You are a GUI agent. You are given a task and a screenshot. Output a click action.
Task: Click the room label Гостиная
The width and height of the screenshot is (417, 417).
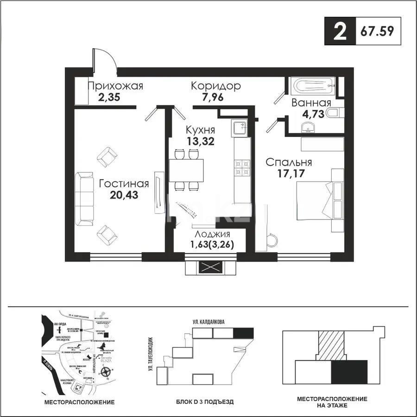(x=124, y=183)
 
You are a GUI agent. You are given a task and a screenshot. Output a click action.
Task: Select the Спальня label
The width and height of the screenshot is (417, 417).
(x=288, y=163)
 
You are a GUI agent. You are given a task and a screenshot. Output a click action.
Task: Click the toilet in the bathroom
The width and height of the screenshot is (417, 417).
(x=334, y=113)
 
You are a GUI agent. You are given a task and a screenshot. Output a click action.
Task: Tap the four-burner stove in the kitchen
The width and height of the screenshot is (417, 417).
(x=241, y=167)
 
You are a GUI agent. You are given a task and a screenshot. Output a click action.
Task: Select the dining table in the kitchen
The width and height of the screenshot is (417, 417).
(x=186, y=170)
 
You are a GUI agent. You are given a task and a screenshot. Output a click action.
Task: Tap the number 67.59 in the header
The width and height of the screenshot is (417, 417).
(x=375, y=33)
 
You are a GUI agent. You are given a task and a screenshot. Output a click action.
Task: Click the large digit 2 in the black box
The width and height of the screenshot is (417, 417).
(x=339, y=33)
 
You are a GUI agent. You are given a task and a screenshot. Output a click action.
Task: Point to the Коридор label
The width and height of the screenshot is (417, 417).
(x=215, y=86)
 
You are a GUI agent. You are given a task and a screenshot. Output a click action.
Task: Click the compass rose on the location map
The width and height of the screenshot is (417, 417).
(x=106, y=370)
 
